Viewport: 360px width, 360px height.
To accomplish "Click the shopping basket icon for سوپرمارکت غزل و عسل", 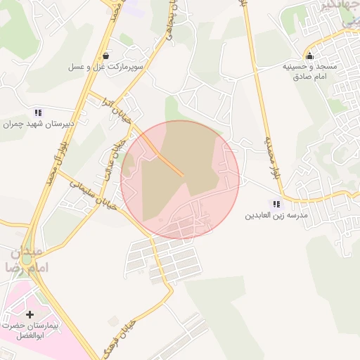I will tap(105, 56).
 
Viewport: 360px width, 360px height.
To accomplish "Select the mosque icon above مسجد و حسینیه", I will tap(310, 56).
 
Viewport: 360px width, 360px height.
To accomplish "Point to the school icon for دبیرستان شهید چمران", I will tap(38, 112).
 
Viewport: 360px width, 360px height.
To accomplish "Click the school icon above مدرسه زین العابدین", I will tap(276, 204).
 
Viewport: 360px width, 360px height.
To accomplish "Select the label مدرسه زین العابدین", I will tap(276, 215).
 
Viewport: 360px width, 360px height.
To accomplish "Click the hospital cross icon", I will tap(30, 314).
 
